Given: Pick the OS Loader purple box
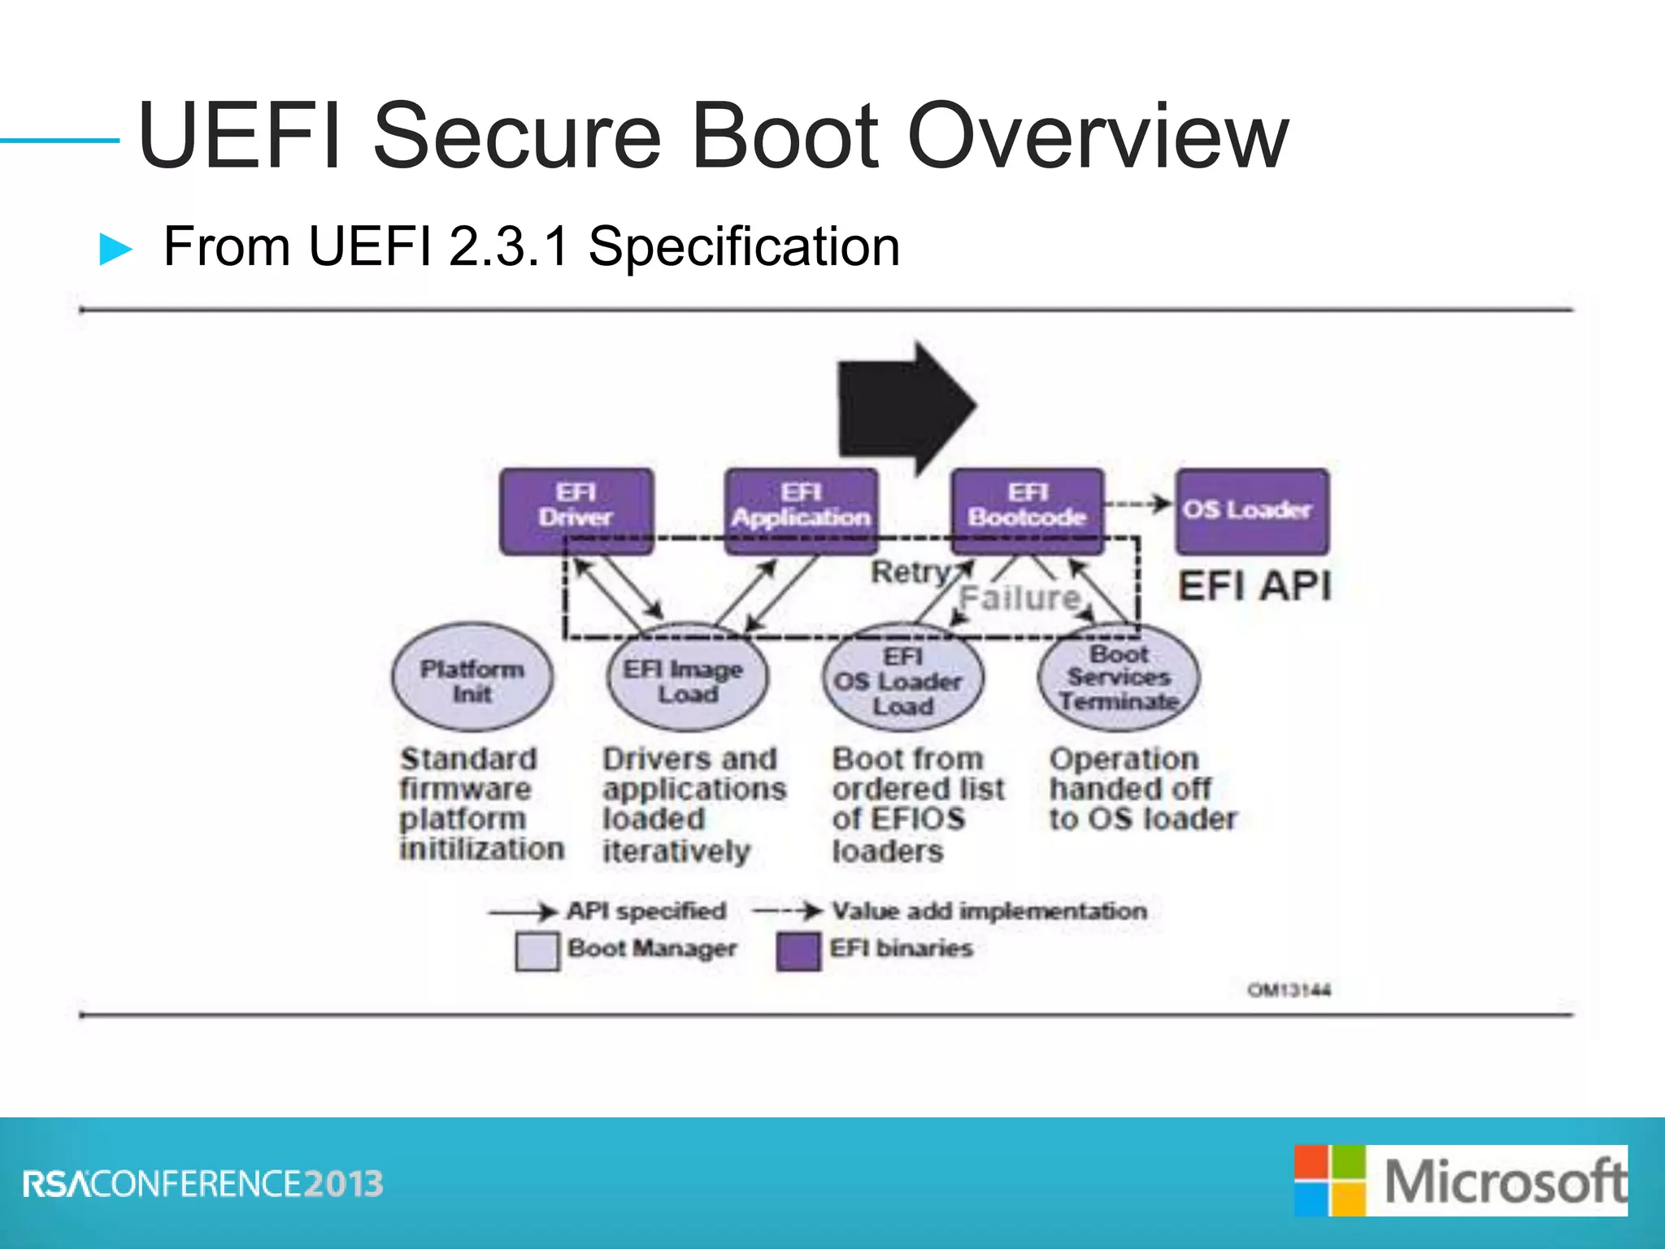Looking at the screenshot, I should pyautogui.click(x=1252, y=510).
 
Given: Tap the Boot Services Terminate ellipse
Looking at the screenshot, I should pyautogui.click(x=1119, y=677).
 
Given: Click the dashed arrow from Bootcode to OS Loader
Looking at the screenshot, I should pyautogui.click(x=1138, y=504).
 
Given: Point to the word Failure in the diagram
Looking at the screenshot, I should pyautogui.click(x=1019, y=598).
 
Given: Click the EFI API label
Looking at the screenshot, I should pyautogui.click(x=1254, y=585).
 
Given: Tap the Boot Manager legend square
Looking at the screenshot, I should pyautogui.click(x=537, y=951).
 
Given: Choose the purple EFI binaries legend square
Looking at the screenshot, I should pyautogui.click(x=798, y=951).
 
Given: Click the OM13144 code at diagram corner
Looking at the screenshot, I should pyautogui.click(x=1289, y=990).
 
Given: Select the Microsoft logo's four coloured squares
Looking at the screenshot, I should pyautogui.click(x=1329, y=1181).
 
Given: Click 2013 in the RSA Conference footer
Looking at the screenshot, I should pyautogui.click(x=344, y=1184).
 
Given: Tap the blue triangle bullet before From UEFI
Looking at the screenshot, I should pyautogui.click(x=115, y=249).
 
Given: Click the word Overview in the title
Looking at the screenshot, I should pyautogui.click(x=1097, y=136).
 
